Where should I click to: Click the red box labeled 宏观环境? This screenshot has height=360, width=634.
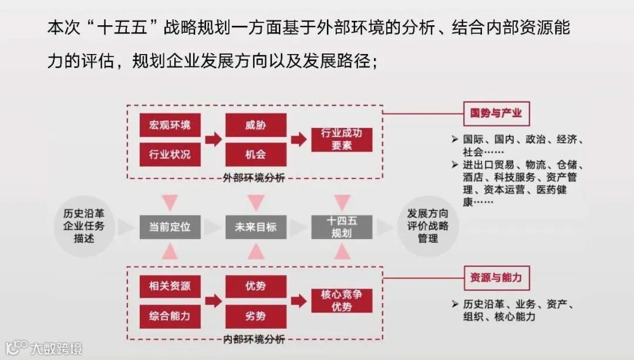[x=170, y=125]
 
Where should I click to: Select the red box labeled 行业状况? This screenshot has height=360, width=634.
[x=170, y=154]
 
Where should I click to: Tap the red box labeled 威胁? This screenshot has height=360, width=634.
[x=255, y=125]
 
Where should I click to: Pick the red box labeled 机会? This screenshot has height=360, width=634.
[x=255, y=154]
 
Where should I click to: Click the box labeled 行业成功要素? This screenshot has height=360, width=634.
[x=341, y=140]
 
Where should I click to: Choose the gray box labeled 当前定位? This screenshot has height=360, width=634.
[x=170, y=227]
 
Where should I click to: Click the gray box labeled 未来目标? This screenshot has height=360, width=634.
[x=255, y=227]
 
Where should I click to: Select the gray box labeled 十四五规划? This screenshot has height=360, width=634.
[x=341, y=227]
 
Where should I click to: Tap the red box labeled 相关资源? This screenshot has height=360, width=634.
[x=170, y=287]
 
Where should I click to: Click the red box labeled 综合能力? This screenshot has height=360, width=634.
[x=170, y=316]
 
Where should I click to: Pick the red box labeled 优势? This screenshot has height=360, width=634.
[x=255, y=287]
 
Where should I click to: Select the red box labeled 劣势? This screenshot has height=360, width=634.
[x=255, y=316]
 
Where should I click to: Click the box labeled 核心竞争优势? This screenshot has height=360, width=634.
[x=341, y=301]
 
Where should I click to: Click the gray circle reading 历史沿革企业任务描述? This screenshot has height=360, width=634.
[x=85, y=226]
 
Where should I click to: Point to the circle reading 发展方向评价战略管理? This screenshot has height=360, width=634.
[x=427, y=226]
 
